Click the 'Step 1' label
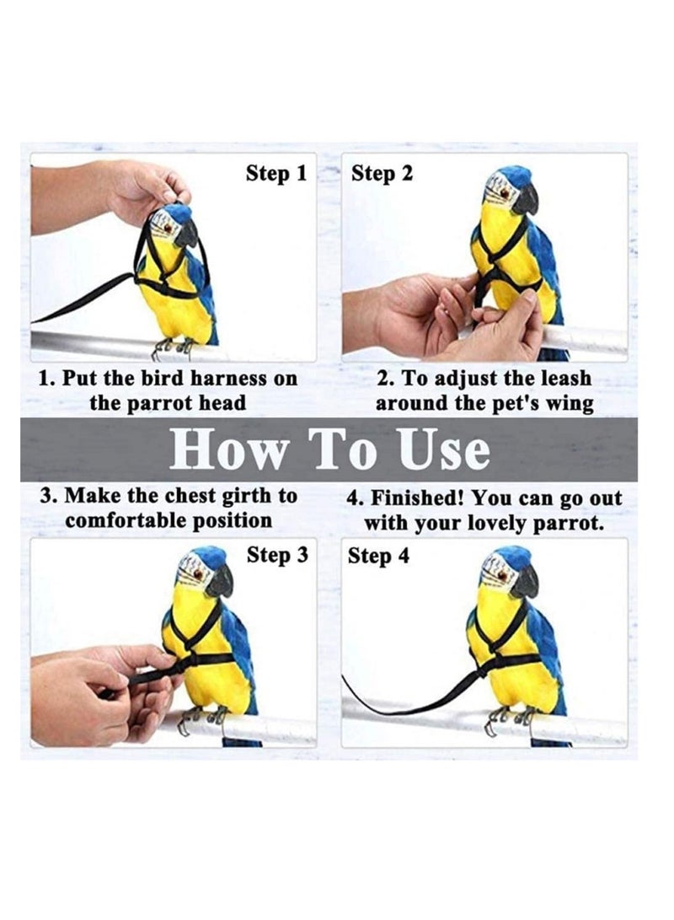point(275,174)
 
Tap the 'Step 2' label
point(382,174)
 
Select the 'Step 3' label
point(275,556)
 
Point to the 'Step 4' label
point(378,557)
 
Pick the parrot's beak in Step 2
point(527,199)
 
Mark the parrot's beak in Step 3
point(220,581)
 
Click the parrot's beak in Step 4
point(527,582)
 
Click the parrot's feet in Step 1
point(173,346)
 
